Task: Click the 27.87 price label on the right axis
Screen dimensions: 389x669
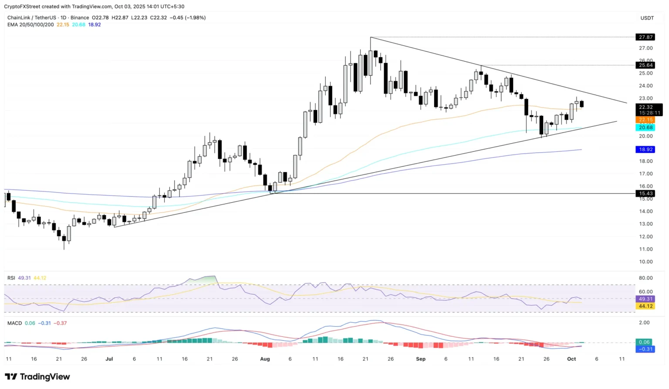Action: point(645,37)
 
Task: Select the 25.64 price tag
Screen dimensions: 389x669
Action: point(645,65)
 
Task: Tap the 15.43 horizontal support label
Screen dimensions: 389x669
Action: point(645,193)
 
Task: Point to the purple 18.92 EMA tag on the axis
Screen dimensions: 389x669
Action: point(645,149)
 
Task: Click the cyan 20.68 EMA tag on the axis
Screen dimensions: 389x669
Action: point(645,127)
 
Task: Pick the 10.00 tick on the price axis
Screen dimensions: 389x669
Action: point(645,262)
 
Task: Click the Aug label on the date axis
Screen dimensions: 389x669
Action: point(265,359)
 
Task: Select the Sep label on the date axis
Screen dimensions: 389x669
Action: point(420,359)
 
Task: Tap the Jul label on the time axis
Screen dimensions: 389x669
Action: point(109,359)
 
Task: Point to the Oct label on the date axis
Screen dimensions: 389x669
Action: point(571,359)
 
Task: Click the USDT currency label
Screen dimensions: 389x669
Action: point(647,18)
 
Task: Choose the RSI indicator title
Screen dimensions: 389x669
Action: point(11,278)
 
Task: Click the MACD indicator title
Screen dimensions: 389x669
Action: point(14,323)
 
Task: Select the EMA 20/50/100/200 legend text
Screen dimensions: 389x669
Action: point(30,25)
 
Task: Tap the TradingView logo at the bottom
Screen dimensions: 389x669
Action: point(37,377)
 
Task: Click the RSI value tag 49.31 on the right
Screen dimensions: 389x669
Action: point(645,299)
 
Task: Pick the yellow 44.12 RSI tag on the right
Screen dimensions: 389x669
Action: point(645,306)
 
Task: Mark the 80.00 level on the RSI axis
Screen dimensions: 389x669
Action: point(645,278)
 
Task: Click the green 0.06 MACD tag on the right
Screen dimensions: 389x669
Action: point(644,342)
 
